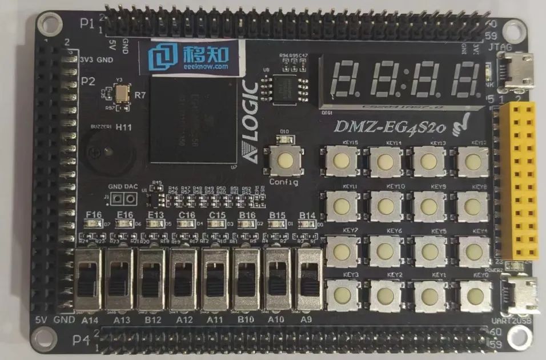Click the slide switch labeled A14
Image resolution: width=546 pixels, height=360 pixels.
[91, 283]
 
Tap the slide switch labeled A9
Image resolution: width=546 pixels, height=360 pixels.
[307, 283]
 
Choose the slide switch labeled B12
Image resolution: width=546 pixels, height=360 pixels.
[152, 283]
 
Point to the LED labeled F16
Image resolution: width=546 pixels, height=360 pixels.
[93, 224]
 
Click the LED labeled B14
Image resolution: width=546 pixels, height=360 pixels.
[307, 224]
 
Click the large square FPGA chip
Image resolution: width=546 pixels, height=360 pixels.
[193, 121]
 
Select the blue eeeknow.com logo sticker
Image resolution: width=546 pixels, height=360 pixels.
[189, 57]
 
